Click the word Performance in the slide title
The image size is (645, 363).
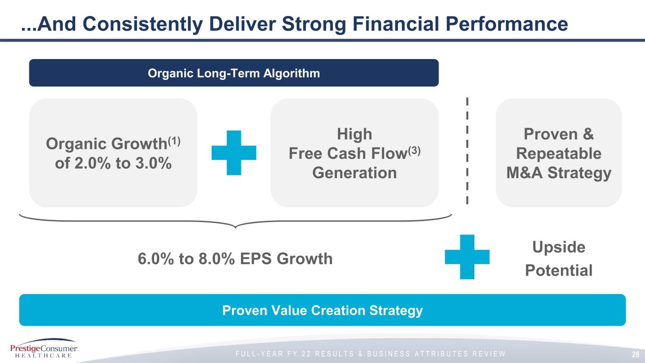pos(507,24)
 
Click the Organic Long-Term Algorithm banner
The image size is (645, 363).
pos(234,73)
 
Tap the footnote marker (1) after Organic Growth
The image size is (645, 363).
pos(174,141)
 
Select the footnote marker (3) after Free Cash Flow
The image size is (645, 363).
pos(414,151)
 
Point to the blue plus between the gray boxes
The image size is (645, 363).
pos(234,153)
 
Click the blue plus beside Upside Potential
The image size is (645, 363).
pos(467,257)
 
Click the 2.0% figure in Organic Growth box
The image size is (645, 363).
pos(93,163)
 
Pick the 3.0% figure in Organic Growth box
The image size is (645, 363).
pos(153,163)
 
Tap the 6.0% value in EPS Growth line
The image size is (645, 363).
pos(156,259)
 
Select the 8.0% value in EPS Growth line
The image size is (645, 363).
pos(216,259)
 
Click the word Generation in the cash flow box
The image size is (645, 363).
pos(354,173)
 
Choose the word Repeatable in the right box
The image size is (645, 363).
pos(559,154)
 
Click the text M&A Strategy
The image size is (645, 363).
pos(559,173)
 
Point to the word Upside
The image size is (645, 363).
pos(559,248)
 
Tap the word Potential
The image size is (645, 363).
pos(559,270)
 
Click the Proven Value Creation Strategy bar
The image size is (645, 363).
pos(322,310)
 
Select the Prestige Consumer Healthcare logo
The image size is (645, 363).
pos(43,348)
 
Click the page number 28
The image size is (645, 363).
pos(636,354)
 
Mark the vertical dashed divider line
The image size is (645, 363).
pos(467,151)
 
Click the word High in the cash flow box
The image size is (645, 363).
pos(354,134)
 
